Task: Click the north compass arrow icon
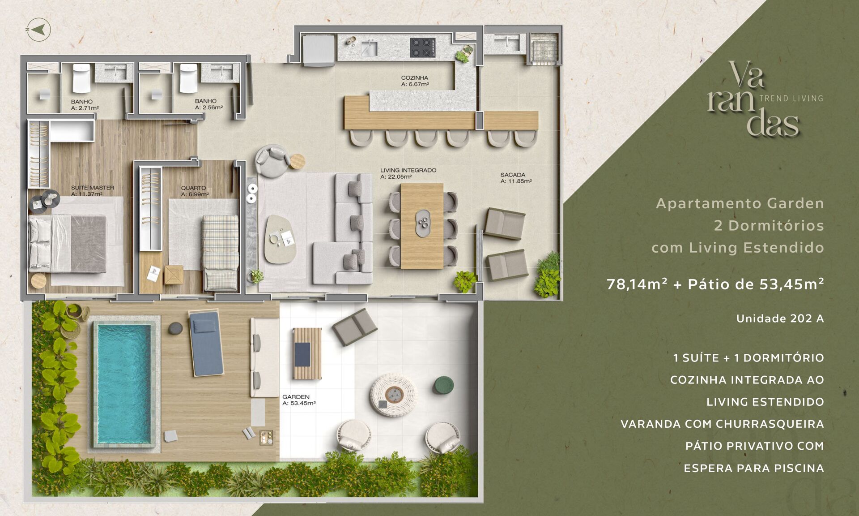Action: [x=38, y=30]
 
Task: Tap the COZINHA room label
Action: [x=414, y=78]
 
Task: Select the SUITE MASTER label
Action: [x=93, y=188]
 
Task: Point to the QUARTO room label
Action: [x=193, y=188]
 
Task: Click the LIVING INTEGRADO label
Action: [x=408, y=170]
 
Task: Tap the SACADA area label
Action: [x=513, y=175]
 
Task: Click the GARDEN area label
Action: [x=296, y=397]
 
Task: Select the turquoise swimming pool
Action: [x=124, y=383]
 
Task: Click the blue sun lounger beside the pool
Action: [x=206, y=344]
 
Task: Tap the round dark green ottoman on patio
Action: [x=443, y=385]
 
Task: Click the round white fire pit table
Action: [x=393, y=395]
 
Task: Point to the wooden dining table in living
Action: [x=422, y=226]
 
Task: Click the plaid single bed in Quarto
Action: [x=220, y=253]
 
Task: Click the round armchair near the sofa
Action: [x=272, y=161]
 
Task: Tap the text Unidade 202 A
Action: [x=780, y=318]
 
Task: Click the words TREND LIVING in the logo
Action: [x=791, y=98]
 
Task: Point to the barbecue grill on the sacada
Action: [x=544, y=47]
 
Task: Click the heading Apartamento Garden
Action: [x=740, y=203]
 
